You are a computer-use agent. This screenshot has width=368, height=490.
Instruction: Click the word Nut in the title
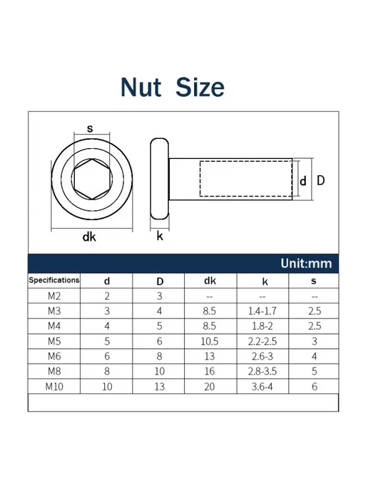tap(140, 87)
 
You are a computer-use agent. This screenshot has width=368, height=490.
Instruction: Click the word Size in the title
tap(200, 87)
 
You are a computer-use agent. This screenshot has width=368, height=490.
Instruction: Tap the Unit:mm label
tap(306, 264)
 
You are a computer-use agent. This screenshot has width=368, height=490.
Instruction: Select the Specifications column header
tap(53, 280)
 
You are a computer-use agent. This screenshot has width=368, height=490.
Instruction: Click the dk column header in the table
tap(210, 281)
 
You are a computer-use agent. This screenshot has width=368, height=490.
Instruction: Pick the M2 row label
tap(54, 296)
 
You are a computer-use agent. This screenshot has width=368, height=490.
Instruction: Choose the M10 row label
tap(54, 387)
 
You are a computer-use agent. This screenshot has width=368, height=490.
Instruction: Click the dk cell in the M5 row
tap(210, 341)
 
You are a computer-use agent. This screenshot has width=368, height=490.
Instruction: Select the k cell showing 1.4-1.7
tap(262, 311)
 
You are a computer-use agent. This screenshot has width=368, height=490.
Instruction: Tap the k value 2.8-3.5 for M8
tap(262, 371)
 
